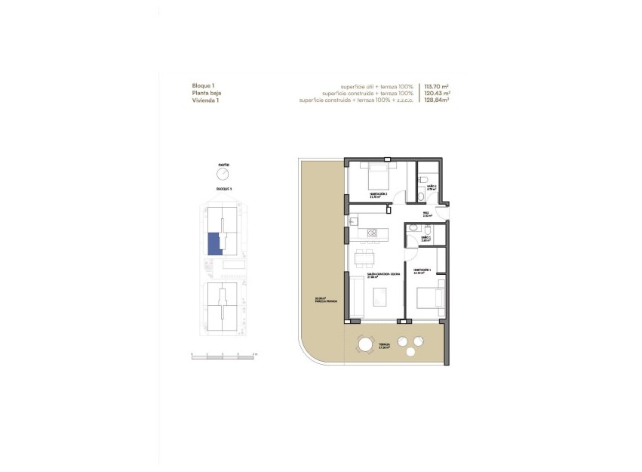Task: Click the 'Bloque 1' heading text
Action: tap(204, 86)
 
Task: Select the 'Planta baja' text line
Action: tap(207, 93)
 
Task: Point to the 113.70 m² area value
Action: tap(437, 86)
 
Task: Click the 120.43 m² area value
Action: tap(437, 93)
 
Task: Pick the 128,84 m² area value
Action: tap(437, 100)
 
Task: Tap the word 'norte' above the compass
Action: tap(224, 164)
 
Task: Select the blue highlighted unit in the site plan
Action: tap(215, 243)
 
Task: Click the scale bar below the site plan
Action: tap(224, 353)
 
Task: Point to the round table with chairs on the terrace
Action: tap(366, 345)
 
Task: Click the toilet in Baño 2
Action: tap(417, 197)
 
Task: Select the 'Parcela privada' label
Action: tap(327, 301)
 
